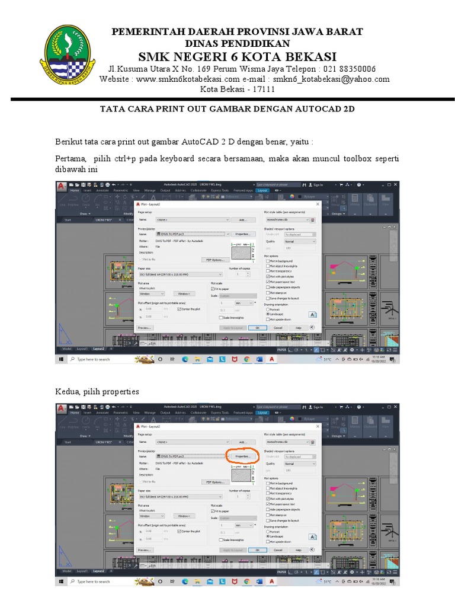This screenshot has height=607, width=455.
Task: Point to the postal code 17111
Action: point(264,90)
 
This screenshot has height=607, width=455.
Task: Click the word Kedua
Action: point(69,391)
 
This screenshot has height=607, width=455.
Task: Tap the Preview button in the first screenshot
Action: point(145,327)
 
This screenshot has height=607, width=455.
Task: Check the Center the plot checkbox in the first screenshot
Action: point(179,309)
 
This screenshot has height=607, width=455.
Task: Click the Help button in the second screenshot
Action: point(299,550)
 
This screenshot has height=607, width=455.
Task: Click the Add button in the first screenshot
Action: point(242,219)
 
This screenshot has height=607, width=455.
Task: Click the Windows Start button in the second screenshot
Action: point(61,582)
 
